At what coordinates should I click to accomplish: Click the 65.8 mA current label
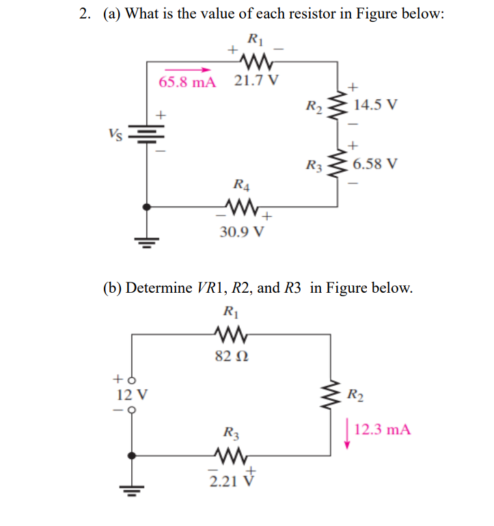click(187, 83)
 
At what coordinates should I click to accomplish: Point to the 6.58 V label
click(376, 164)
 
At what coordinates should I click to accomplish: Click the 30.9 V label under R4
click(241, 231)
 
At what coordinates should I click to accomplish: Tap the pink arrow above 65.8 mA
click(187, 69)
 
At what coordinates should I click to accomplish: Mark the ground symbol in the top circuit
click(146, 241)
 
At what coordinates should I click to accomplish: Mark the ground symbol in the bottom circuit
click(130, 490)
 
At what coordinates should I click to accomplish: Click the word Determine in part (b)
click(159, 287)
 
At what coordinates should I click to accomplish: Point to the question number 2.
click(83, 14)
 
